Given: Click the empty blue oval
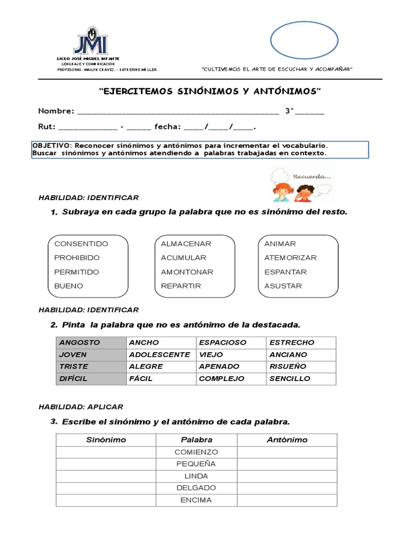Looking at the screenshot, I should [304, 40].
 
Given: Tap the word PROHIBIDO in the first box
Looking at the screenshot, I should [77, 257].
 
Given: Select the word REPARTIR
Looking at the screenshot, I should [181, 286].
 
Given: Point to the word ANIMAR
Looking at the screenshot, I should [280, 243].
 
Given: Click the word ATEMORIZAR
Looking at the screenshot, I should [290, 257].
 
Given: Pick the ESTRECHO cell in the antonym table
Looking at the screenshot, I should [292, 342].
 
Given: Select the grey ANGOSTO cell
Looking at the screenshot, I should [91, 342].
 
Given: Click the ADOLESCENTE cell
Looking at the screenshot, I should [159, 355].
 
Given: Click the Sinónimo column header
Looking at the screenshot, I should [106, 440].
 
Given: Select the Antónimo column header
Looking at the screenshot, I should [287, 440].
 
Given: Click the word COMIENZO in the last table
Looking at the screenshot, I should [196, 452].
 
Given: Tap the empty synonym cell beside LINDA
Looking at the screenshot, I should [106, 476].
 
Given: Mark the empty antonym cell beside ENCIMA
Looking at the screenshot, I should [287, 500].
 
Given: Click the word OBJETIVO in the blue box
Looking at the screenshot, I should [51, 146].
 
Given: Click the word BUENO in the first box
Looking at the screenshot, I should [68, 286].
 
